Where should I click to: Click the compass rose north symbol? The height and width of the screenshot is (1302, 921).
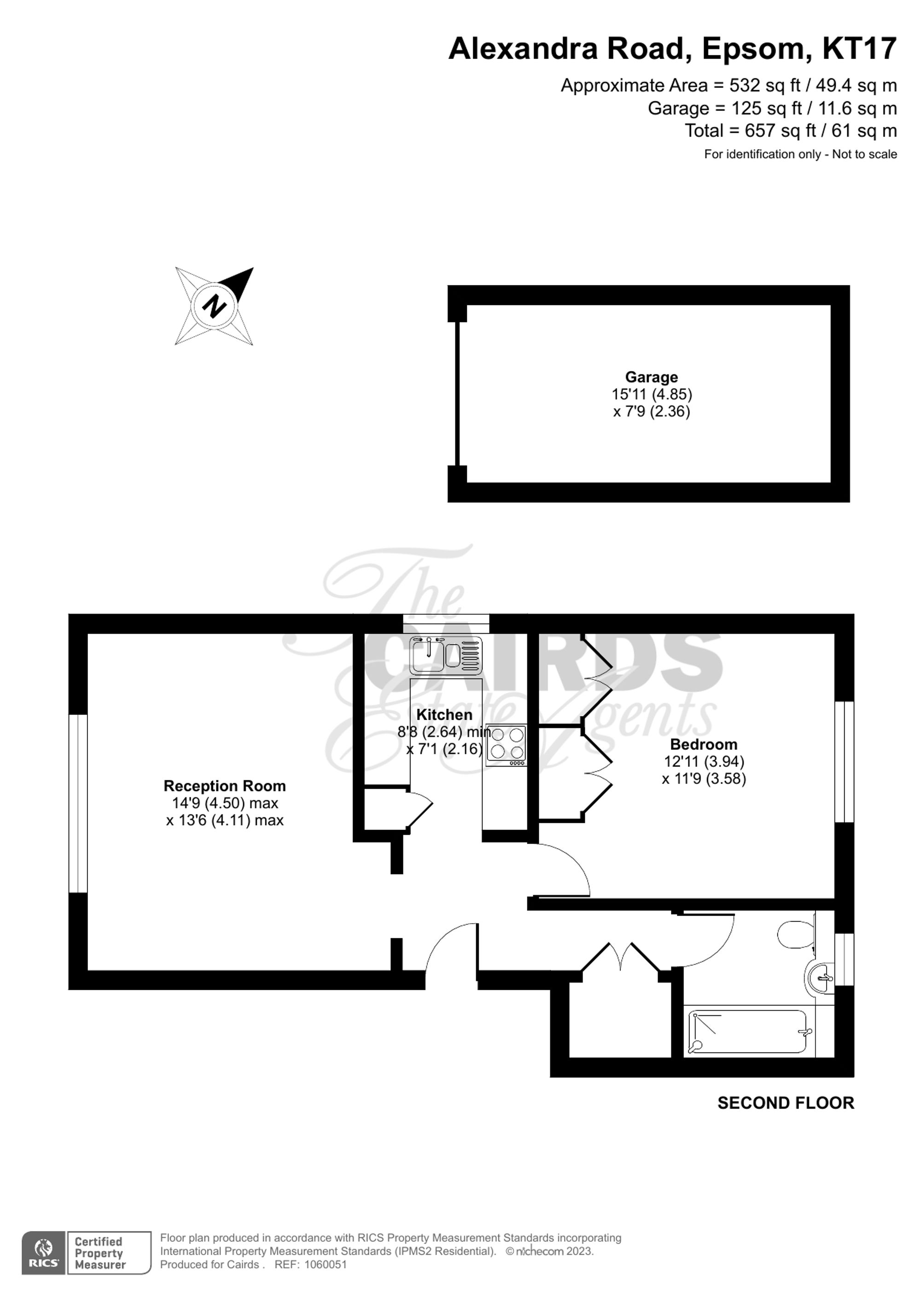point(214,306)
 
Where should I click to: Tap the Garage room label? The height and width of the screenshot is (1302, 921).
point(651,377)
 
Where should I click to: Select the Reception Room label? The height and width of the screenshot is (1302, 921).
point(225,786)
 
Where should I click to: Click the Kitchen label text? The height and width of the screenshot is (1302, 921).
point(444,715)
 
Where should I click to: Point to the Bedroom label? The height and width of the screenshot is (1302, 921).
point(704,744)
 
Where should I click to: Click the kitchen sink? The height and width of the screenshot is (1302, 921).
point(446,655)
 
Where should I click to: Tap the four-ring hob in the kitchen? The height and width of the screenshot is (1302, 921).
point(507,745)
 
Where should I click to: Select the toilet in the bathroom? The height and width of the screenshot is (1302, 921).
point(797,934)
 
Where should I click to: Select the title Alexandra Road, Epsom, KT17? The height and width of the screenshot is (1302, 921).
point(673,49)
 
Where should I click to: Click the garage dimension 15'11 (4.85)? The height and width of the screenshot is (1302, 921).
point(652,394)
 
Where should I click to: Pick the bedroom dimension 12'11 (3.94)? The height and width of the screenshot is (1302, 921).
point(704,761)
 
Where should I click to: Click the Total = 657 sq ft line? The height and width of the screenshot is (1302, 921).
point(791,131)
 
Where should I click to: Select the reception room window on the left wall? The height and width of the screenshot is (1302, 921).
point(78,803)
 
